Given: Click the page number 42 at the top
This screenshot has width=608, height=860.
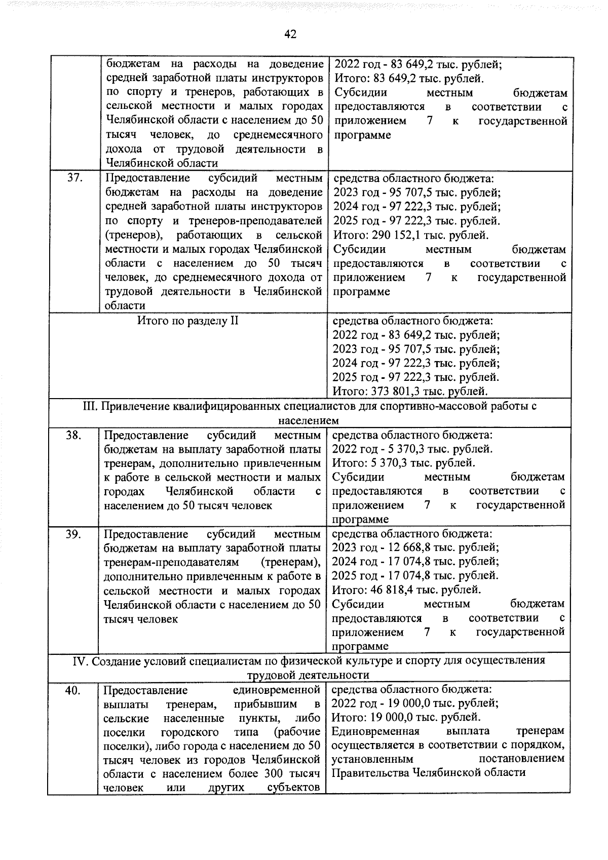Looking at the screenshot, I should click(x=290, y=34).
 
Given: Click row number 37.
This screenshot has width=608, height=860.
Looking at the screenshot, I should click(x=74, y=178).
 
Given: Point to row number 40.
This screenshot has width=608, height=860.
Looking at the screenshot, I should click(x=73, y=690).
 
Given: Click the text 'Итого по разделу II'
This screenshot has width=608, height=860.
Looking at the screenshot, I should click(x=187, y=321).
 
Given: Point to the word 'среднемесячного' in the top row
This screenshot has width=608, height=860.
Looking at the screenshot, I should click(x=279, y=135).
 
